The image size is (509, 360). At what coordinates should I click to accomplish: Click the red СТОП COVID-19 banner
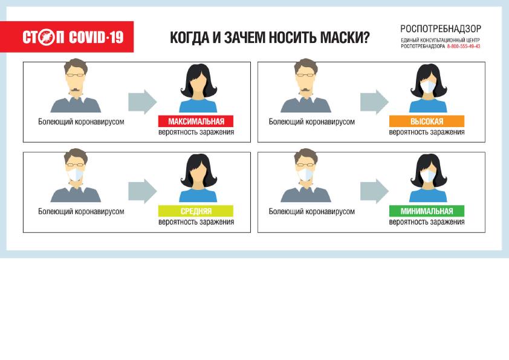click(x=67, y=37)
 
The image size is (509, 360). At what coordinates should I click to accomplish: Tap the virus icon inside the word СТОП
click(x=46, y=37)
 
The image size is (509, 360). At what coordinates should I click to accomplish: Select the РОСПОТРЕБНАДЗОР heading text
click(x=441, y=29)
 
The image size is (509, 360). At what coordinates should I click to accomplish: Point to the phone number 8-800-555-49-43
click(x=463, y=47)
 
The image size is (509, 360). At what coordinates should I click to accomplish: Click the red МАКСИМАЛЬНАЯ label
click(x=196, y=121)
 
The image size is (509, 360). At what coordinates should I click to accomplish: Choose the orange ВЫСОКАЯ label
click(x=427, y=121)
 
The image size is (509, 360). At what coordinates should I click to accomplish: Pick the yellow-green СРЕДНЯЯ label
click(x=196, y=211)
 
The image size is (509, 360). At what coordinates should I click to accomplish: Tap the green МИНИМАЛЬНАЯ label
click(x=427, y=211)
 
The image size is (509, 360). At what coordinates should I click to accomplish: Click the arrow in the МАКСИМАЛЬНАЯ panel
click(x=143, y=102)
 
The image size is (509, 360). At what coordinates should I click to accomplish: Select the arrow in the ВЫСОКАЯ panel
click(x=374, y=102)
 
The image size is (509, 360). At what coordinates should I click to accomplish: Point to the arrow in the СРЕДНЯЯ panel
click(x=143, y=191)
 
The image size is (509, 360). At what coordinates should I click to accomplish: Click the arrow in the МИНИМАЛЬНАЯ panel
click(x=374, y=191)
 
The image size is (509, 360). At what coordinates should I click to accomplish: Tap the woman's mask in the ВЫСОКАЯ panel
click(x=429, y=87)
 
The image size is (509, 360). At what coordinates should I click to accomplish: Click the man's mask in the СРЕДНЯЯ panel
click(x=75, y=174)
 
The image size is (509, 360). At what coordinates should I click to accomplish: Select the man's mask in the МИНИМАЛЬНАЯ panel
click(x=305, y=174)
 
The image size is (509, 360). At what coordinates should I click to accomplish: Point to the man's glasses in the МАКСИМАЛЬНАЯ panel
click(x=76, y=75)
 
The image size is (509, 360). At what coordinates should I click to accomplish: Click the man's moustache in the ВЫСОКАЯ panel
click(x=305, y=90)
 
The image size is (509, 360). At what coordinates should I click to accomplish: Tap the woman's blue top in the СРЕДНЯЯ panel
click(x=198, y=195)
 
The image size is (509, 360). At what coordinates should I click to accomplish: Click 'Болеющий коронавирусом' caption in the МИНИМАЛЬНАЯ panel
click(x=312, y=212)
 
